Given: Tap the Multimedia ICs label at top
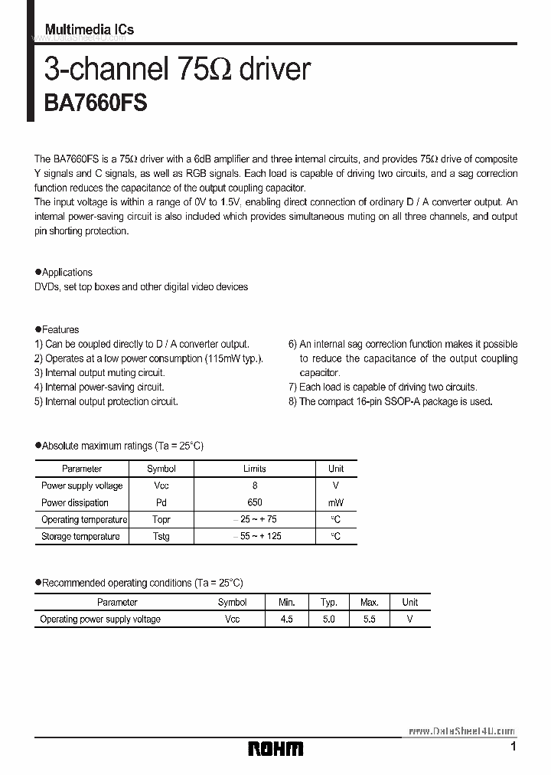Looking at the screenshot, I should [90, 29].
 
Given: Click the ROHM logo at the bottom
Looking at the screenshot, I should [275, 748].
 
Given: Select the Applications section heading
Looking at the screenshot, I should [67, 273].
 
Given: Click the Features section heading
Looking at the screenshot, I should [60, 330].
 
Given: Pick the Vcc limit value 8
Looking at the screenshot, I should [255, 486].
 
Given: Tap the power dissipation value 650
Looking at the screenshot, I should [255, 502].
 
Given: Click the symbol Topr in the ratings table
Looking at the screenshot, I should [161, 519].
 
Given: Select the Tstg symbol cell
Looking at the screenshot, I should [161, 536].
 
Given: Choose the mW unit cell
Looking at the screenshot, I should [336, 502].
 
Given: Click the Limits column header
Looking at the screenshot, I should [255, 469].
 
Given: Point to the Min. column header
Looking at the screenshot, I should [286, 603].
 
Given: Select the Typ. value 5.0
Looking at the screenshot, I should [328, 619].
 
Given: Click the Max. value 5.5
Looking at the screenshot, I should [369, 619].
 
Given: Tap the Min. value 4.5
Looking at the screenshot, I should [286, 619].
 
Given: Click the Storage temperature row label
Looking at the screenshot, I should [80, 536].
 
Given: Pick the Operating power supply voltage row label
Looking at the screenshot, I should [100, 619].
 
